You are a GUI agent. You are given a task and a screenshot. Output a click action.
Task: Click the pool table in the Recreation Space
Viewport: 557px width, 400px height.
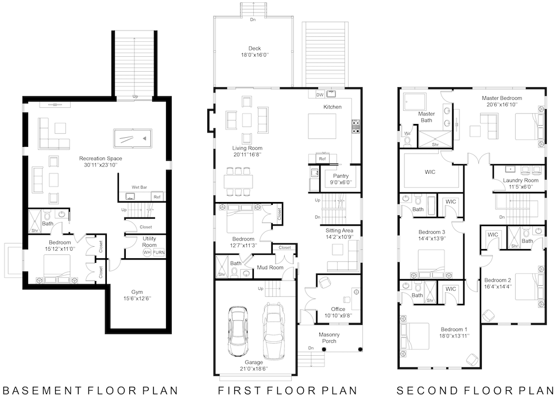point(133,138)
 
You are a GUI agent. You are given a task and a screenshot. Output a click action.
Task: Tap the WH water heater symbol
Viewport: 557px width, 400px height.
point(147,253)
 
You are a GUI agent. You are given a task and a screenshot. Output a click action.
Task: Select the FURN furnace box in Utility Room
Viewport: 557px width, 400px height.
point(159,253)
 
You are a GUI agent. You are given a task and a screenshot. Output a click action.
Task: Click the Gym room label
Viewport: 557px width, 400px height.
point(137,292)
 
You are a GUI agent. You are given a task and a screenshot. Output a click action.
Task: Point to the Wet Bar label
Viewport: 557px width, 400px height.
point(139,187)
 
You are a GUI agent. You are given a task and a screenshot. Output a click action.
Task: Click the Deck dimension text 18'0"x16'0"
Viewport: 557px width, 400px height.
point(255,55)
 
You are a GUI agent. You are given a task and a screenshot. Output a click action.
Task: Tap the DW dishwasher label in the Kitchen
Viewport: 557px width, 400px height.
point(320,95)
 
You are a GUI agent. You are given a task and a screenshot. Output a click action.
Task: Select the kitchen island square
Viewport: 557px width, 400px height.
point(322,126)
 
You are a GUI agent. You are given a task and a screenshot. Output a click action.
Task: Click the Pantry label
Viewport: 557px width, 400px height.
point(341,176)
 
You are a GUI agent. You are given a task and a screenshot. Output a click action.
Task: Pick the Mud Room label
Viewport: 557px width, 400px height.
point(270,267)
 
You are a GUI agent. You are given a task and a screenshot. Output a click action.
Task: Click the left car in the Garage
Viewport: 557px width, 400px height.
point(238,331)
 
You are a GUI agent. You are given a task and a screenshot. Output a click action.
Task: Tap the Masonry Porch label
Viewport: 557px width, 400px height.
point(329,337)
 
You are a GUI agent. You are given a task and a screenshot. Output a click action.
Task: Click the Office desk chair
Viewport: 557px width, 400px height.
point(324,283)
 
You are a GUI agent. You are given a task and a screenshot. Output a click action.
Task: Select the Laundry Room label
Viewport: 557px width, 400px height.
point(520,180)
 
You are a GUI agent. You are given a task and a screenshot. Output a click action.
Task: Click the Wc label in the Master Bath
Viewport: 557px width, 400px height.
point(408,134)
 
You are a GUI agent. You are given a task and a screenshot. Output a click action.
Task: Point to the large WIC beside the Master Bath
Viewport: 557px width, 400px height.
point(430,172)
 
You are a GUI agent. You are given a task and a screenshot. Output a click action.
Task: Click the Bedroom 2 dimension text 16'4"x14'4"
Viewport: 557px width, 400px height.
point(498,286)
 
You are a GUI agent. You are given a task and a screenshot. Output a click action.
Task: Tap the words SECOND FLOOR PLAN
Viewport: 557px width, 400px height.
point(475,390)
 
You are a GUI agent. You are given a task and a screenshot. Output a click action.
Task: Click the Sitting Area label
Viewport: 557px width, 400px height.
point(339,230)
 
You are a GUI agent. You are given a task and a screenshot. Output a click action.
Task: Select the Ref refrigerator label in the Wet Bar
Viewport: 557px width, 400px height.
point(157,197)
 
